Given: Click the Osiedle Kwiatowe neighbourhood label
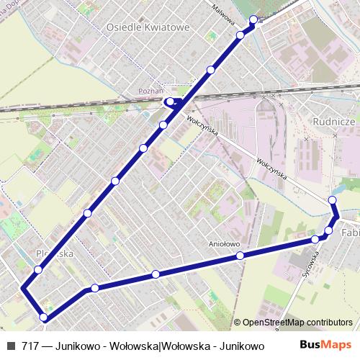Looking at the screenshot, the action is coord(148,27).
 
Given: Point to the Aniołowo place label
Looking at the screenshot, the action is coord(223,243).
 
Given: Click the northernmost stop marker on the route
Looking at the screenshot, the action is coord(253,19).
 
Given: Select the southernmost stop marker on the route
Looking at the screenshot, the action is coord(44,317).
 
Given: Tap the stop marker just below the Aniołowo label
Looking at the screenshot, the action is coord(240,256).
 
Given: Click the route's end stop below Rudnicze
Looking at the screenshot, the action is coord(332,199).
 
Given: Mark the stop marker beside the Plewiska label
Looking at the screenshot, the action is coord(37,270).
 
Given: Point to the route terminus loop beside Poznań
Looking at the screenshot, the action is coord(172,102).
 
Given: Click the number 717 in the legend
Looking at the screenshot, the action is coord(30,347).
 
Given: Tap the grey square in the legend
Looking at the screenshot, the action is coord(10,347).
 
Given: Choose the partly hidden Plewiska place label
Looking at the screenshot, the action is coord(55,253).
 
